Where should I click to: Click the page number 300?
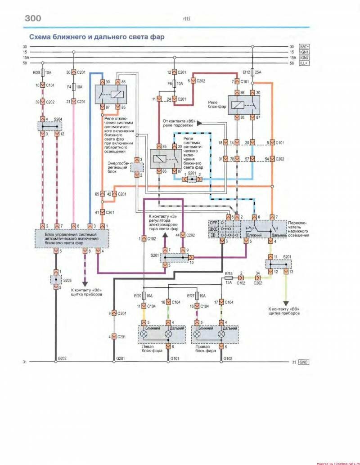pyautogui.click(x=31, y=18)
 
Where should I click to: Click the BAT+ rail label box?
pyautogui.click(x=304, y=46)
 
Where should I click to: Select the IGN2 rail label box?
pyautogui.click(x=304, y=58)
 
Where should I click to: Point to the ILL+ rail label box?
pyautogui.click(x=304, y=63)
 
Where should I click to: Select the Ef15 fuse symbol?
pyautogui.click(x=228, y=279)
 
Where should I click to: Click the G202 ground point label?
pyautogui.click(x=63, y=358)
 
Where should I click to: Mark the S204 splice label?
pyautogui.click(x=58, y=120)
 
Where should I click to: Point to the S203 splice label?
pyautogui.click(x=67, y=279)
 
